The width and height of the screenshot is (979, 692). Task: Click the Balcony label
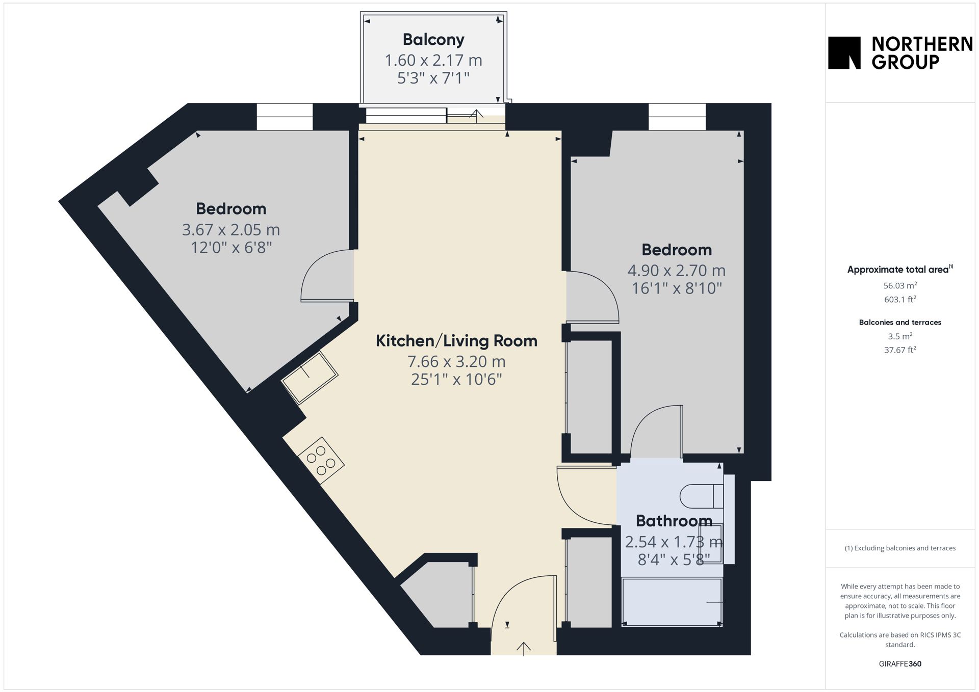(x=433, y=40)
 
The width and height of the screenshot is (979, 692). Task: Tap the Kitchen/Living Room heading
(x=456, y=340)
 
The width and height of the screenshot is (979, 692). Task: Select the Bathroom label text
(x=674, y=521)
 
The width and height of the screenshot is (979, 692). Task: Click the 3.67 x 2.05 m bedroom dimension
(x=231, y=230)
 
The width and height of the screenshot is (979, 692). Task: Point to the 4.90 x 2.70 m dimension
(x=676, y=271)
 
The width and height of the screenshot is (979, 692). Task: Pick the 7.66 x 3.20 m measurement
(x=456, y=361)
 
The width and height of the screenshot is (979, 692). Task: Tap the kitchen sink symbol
(x=310, y=377)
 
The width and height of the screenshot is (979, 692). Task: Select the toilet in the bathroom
(x=702, y=496)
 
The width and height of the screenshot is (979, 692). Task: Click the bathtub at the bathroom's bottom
(x=672, y=602)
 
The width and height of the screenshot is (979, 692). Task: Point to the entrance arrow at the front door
(x=524, y=648)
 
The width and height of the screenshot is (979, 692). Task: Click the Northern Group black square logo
(x=844, y=52)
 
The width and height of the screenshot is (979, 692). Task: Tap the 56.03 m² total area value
(x=900, y=286)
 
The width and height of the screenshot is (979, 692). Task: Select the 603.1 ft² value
(x=900, y=300)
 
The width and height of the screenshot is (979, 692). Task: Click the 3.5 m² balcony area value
(x=900, y=336)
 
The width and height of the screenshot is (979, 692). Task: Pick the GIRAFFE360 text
(x=900, y=664)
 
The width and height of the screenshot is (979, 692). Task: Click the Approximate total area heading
(x=900, y=270)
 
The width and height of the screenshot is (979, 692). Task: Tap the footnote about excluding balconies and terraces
(x=900, y=548)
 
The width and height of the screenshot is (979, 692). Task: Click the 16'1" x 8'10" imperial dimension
(x=677, y=288)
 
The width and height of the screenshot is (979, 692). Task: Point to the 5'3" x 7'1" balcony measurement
(x=433, y=78)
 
